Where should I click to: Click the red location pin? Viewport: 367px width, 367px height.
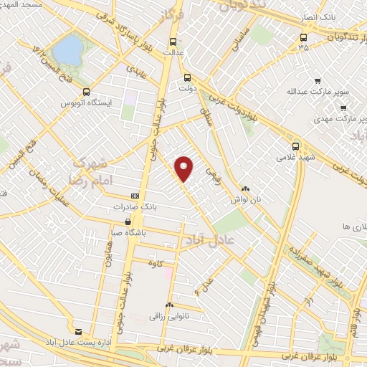[x=185, y=168]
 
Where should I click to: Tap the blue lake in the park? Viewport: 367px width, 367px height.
[x=69, y=49]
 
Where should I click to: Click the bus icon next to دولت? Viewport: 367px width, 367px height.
[x=188, y=78]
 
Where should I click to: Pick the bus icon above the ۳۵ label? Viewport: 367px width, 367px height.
[x=304, y=37]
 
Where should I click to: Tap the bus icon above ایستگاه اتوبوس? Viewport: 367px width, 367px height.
[x=87, y=92]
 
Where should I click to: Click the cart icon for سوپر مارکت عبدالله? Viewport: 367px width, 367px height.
[x=318, y=81]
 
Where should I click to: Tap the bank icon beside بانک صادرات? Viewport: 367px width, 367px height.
[x=135, y=196]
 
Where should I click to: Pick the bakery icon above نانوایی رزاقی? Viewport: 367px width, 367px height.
[x=169, y=305]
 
